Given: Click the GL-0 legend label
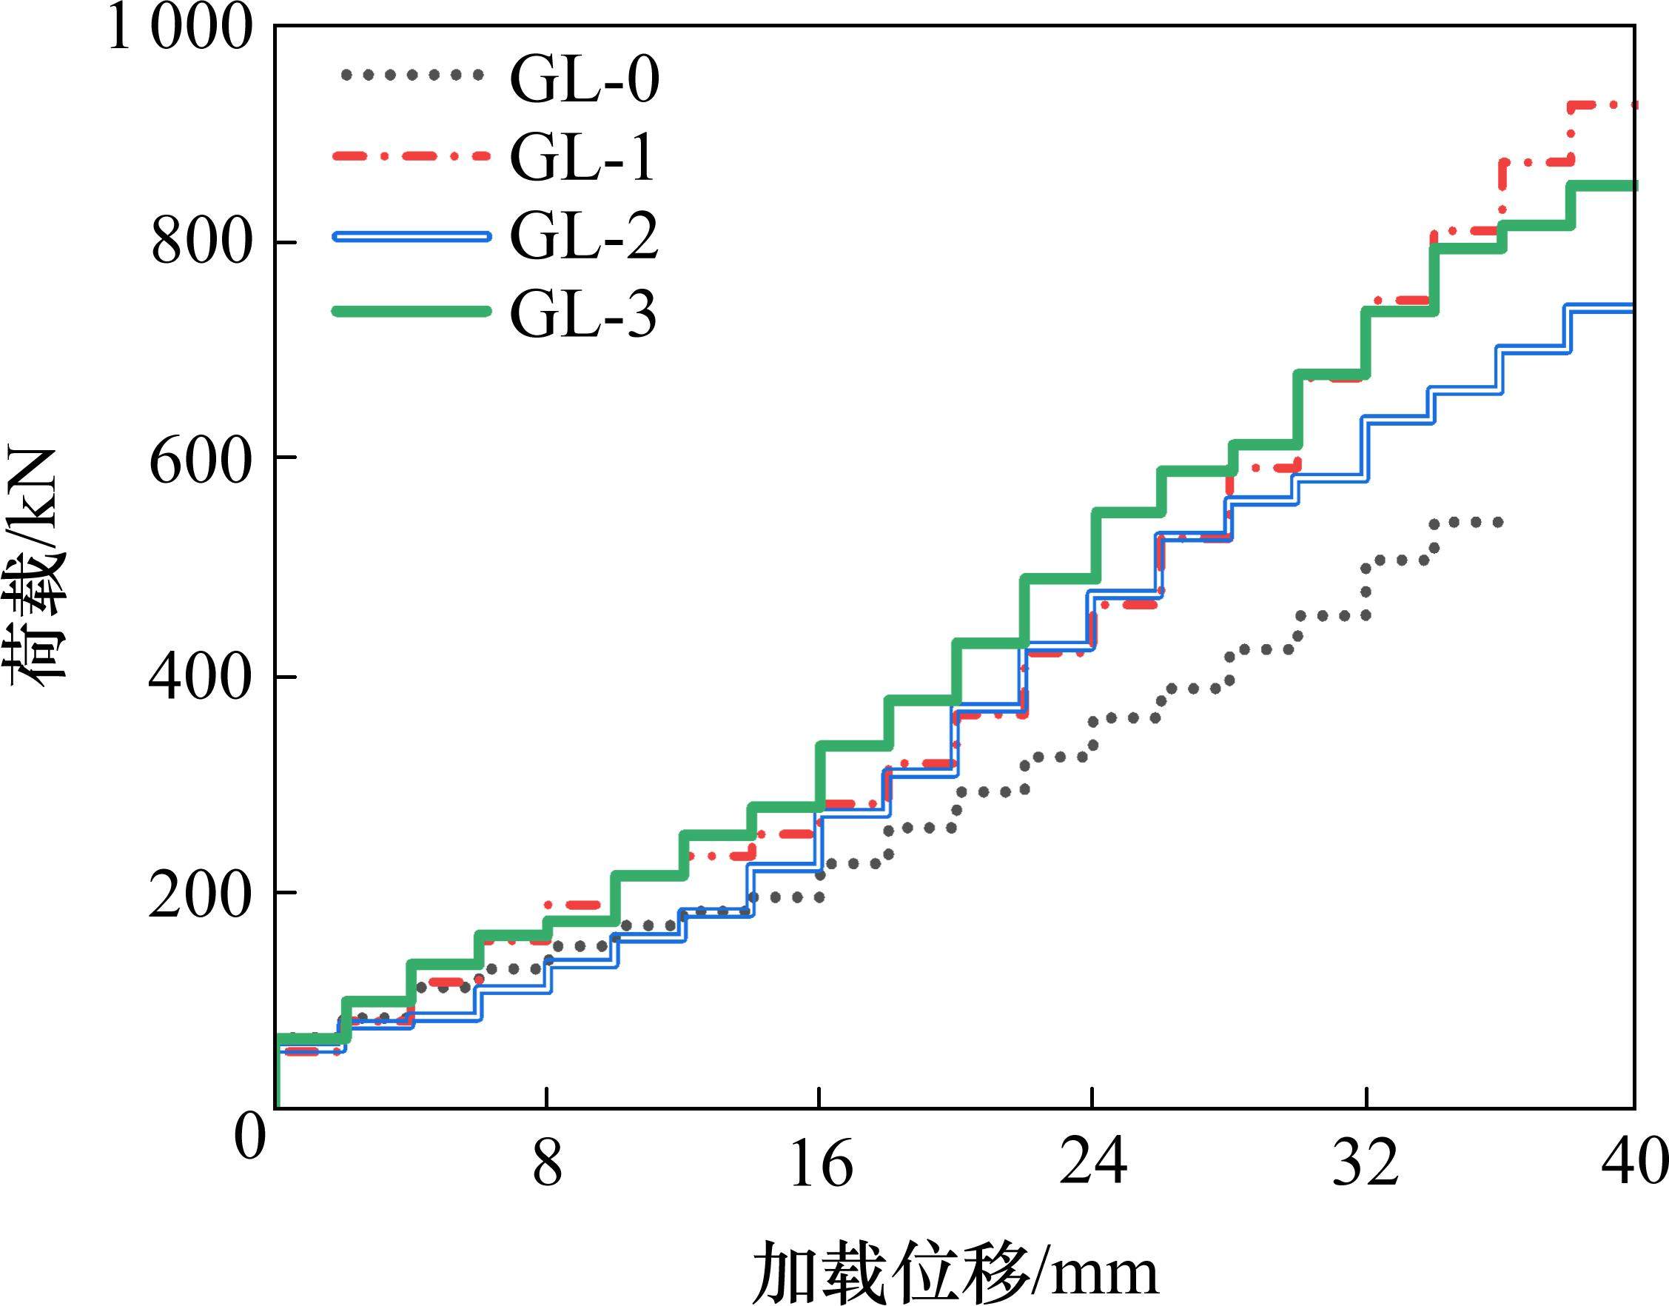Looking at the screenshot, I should point(584,79).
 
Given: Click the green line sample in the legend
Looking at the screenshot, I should point(411,310).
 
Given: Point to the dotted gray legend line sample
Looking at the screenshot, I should point(411,75).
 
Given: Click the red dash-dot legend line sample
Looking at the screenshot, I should point(411,155).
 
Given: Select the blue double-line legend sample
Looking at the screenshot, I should point(411,236).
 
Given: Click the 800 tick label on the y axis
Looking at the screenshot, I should point(201,243).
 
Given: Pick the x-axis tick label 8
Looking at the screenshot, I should point(546,1165).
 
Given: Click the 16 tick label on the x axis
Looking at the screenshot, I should point(820,1165).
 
